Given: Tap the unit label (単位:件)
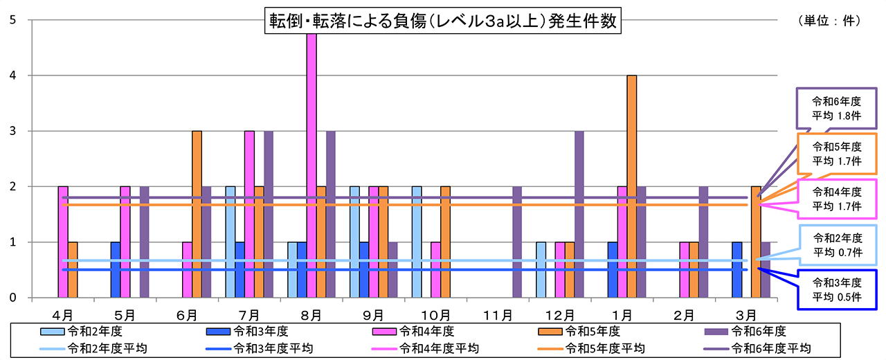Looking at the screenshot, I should (x=830, y=21).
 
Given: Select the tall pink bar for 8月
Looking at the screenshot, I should (x=311, y=166).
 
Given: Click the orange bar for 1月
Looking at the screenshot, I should (x=632, y=187).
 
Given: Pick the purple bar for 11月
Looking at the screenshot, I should (x=517, y=242).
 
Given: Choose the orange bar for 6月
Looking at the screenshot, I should (x=197, y=215).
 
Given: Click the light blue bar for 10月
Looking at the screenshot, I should (x=417, y=242).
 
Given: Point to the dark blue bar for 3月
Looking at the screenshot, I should (x=737, y=270).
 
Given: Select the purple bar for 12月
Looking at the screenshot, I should (x=579, y=215).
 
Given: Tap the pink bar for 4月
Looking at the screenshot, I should (x=63, y=242).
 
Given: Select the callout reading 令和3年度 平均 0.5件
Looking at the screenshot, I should (x=836, y=290).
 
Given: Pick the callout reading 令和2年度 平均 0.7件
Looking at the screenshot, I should (x=836, y=244).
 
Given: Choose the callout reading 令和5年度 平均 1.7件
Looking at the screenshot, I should (x=836, y=154).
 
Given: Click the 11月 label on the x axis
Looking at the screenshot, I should (x=498, y=315).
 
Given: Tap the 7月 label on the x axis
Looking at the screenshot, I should (x=249, y=315).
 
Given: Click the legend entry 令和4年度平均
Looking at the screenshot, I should (x=437, y=348).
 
